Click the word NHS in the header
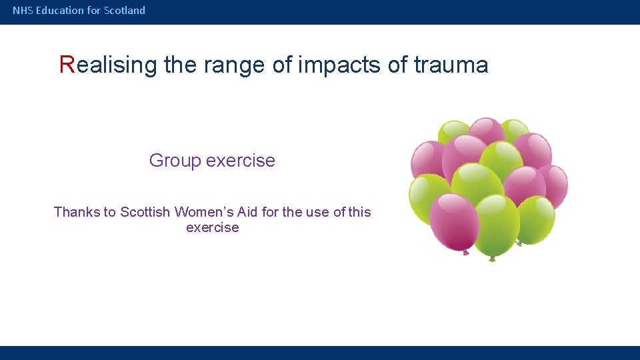(23, 11)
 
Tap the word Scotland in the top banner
(125, 11)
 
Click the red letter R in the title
(67, 65)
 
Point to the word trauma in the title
(451, 65)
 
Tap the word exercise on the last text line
(212, 228)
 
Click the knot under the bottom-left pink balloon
(465, 253)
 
